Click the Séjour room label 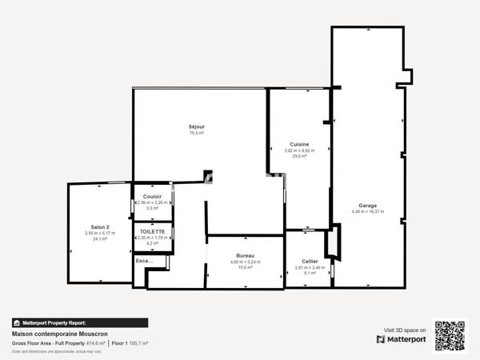(x=197, y=126)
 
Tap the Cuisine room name (x=300, y=144)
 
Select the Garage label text (x=368, y=205)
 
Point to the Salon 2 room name (x=100, y=226)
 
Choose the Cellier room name (x=310, y=261)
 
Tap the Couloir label (x=152, y=196)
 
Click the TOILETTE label (x=152, y=230)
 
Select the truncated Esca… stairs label (x=145, y=260)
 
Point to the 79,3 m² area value (x=197, y=133)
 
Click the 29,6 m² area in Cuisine (x=300, y=157)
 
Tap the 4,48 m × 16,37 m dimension (x=368, y=211)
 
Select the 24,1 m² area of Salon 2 (x=100, y=238)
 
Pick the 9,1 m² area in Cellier (x=310, y=274)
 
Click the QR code (x=450, y=335)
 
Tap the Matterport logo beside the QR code (x=402, y=338)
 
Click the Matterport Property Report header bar (x=80, y=322)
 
